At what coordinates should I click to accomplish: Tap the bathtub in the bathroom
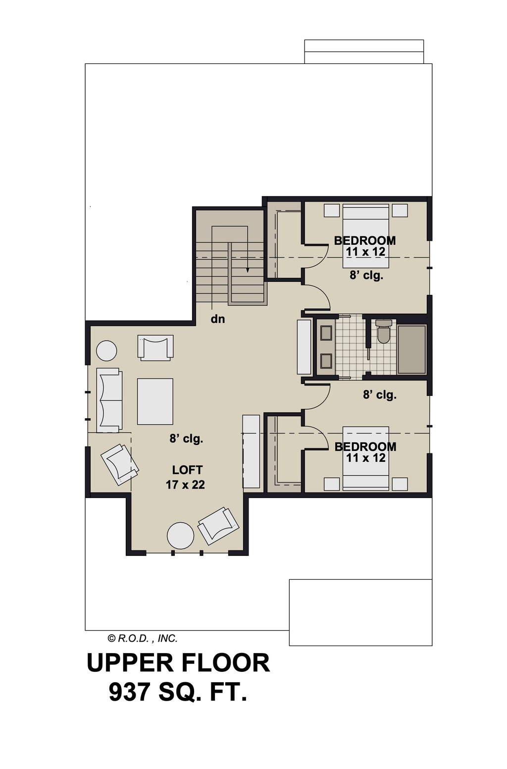click(x=411, y=349)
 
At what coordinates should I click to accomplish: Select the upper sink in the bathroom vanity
click(x=325, y=333)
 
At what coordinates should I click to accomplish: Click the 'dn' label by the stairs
click(x=218, y=319)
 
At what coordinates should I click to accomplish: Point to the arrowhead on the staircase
click(x=247, y=270)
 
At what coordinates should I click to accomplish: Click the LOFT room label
click(x=187, y=470)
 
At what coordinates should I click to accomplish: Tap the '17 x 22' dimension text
click(x=185, y=485)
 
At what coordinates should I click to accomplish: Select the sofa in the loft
click(x=109, y=400)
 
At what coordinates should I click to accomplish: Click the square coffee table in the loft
click(x=155, y=401)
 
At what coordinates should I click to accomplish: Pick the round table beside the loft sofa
click(x=106, y=350)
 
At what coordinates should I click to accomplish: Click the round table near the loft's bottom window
click(x=180, y=536)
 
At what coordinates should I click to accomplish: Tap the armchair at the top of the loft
click(x=155, y=348)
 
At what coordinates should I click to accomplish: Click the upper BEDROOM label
click(x=365, y=241)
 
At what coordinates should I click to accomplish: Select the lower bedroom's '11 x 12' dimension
click(x=366, y=458)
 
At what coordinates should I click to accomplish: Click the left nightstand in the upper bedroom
click(x=332, y=210)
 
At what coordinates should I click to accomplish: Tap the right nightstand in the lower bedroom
click(x=400, y=484)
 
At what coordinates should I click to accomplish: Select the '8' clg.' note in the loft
click(x=186, y=439)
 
